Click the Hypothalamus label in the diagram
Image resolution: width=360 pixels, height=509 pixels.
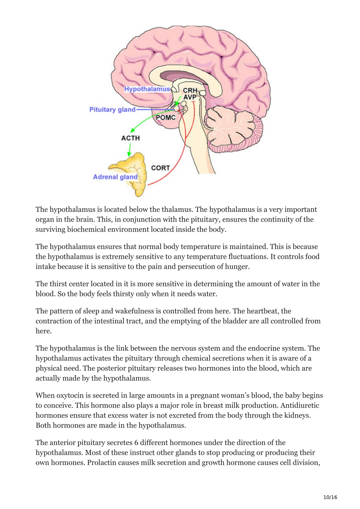click(147, 89)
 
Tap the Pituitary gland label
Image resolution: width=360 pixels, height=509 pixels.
click(112, 110)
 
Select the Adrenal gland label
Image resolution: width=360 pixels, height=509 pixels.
click(115, 177)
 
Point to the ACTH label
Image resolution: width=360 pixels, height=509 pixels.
click(130, 138)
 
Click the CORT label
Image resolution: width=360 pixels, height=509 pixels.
click(161, 168)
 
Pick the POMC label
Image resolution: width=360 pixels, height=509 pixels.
click(166, 117)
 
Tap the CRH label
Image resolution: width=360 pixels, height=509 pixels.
click(190, 90)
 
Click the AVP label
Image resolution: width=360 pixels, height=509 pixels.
click(190, 97)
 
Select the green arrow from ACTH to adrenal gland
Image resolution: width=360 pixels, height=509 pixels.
click(130, 150)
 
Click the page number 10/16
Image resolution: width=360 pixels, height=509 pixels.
click(330, 497)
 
